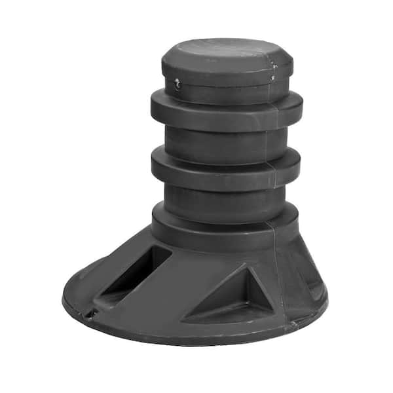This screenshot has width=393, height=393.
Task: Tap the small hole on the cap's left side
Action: pos(177,83)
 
